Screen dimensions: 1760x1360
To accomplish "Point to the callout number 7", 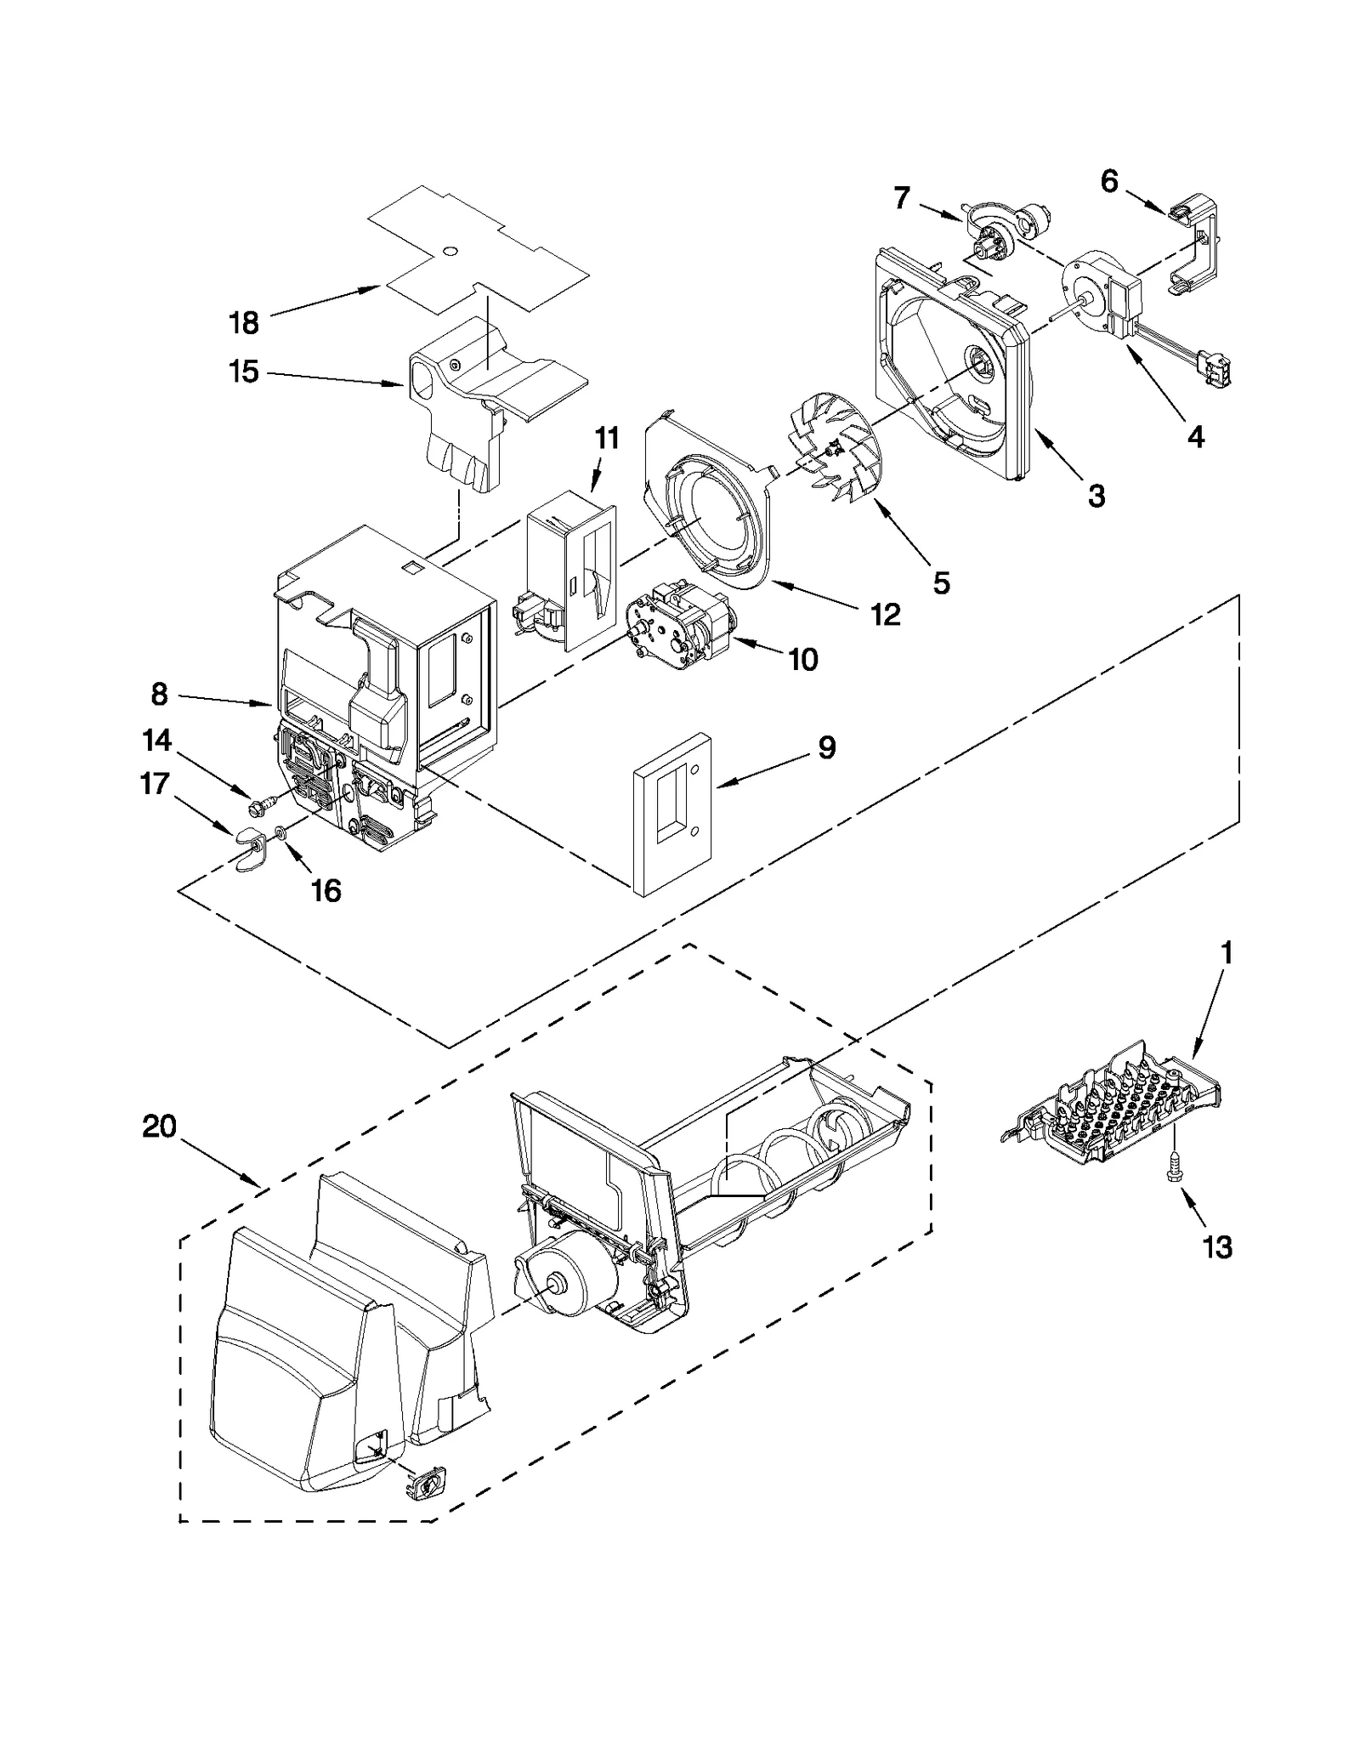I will point(902,198).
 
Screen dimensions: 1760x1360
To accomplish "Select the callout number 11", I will point(606,439).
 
